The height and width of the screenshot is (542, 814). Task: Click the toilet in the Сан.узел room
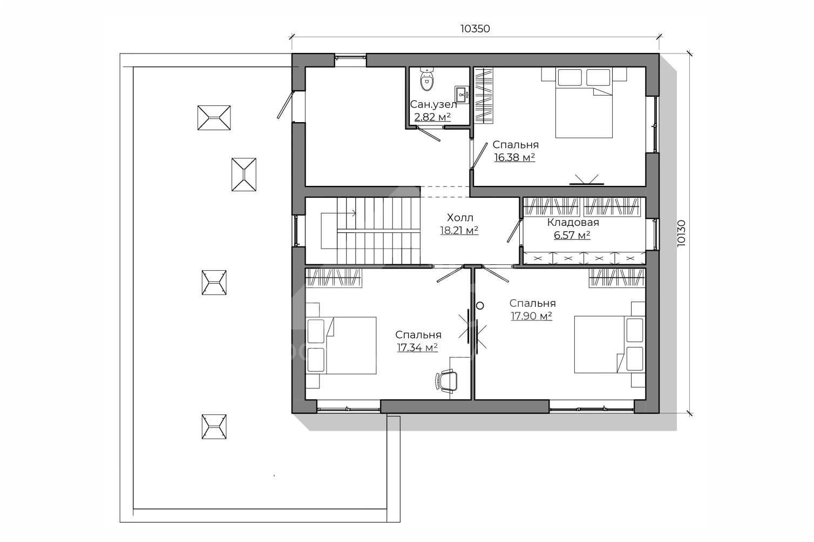coord(427,79)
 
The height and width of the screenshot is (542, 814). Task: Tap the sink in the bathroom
coord(462,95)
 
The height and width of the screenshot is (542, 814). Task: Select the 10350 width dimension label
coord(475,29)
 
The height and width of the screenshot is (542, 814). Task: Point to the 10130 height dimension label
coord(681,233)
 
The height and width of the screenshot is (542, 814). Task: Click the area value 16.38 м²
coord(514,157)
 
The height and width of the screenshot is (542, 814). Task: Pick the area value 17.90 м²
coord(532,316)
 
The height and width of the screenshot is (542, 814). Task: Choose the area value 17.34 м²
coord(417,347)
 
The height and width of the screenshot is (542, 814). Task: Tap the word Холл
coord(460,218)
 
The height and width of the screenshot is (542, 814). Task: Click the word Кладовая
coord(573,222)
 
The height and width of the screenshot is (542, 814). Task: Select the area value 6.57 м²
coord(572,236)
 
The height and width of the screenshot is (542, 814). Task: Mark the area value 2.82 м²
coord(432,117)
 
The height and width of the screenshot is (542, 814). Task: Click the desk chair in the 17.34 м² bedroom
coord(446,381)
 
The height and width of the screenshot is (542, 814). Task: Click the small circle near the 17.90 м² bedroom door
coord(480,306)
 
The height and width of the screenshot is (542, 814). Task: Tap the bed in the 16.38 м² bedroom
coord(584,103)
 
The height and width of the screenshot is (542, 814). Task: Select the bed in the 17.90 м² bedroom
coord(610,344)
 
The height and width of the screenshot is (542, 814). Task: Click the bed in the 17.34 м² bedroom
coord(341,345)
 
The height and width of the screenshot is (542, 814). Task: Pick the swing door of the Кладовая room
coord(514,230)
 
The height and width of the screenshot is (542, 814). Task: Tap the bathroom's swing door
coord(429,134)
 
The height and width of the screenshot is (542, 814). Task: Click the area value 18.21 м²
coord(459,231)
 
